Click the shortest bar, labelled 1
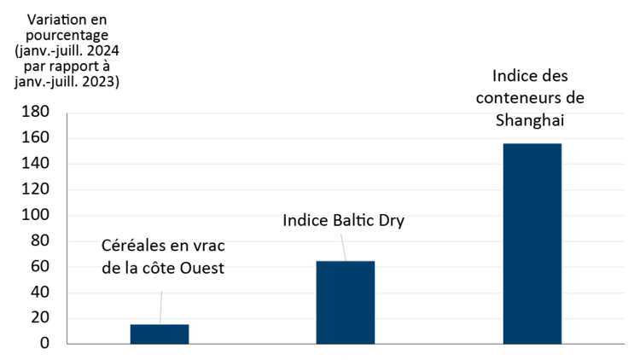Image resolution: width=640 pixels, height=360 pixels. [x=160, y=334]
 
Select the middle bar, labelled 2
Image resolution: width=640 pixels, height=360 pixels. [x=346, y=302]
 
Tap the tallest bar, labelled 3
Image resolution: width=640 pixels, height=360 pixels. [x=532, y=243]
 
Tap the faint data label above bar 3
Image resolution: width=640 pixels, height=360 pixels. [x=531, y=117]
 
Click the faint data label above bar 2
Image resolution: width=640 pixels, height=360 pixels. [x=345, y=218]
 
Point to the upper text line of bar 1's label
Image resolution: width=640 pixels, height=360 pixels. [x=127, y=241]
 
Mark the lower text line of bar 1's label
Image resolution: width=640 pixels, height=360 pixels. [x=162, y=267]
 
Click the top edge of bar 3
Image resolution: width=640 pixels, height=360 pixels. [x=532, y=143]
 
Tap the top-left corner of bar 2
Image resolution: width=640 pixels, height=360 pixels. [x=317, y=261]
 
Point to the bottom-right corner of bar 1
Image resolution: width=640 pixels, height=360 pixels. [x=189, y=343]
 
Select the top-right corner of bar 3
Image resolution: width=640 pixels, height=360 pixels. [x=561, y=143]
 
